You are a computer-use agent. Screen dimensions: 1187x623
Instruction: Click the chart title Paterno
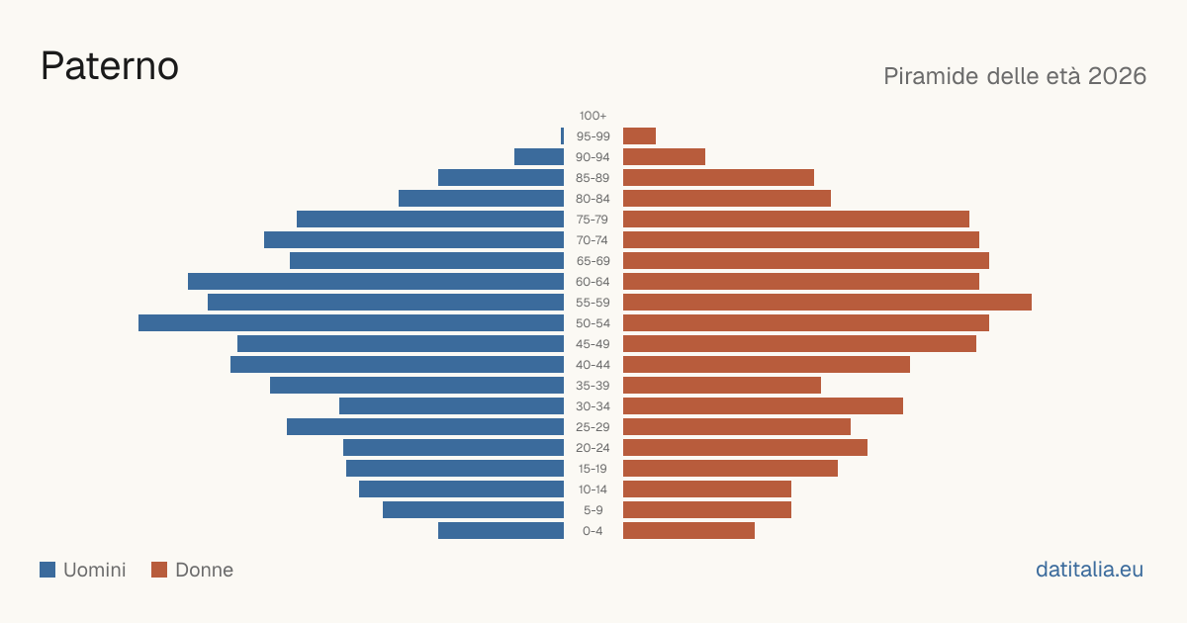[110, 66]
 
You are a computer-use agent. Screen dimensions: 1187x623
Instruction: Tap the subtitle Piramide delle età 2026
[1015, 76]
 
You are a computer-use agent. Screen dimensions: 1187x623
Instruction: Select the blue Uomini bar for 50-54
[351, 323]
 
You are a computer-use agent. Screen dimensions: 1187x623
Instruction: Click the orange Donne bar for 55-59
[827, 303]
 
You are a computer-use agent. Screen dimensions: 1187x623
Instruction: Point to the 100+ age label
[593, 116]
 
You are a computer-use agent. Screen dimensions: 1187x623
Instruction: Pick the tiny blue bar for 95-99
[562, 136]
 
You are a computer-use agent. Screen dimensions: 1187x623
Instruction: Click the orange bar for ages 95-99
[640, 136]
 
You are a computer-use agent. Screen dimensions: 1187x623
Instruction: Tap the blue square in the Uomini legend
[47, 570]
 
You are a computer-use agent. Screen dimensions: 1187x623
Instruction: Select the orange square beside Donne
[159, 570]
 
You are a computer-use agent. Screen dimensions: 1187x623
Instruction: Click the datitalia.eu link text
[1089, 570]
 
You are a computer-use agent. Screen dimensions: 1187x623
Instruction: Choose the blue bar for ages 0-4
[501, 531]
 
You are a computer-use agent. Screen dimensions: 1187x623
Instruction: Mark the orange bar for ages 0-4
[688, 531]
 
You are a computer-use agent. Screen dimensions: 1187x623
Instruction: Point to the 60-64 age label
[593, 282]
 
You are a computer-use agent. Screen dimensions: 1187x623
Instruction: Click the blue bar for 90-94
[539, 157]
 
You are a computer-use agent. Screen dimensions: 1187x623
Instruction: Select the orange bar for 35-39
[722, 386]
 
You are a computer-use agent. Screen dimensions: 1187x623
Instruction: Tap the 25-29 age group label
[593, 427]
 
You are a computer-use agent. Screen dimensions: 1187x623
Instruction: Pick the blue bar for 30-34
[451, 406]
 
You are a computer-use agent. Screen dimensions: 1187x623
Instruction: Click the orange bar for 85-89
[718, 178]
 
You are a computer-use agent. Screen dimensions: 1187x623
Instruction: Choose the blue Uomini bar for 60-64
[376, 282]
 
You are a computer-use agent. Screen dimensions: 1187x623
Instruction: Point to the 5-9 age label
[593, 510]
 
